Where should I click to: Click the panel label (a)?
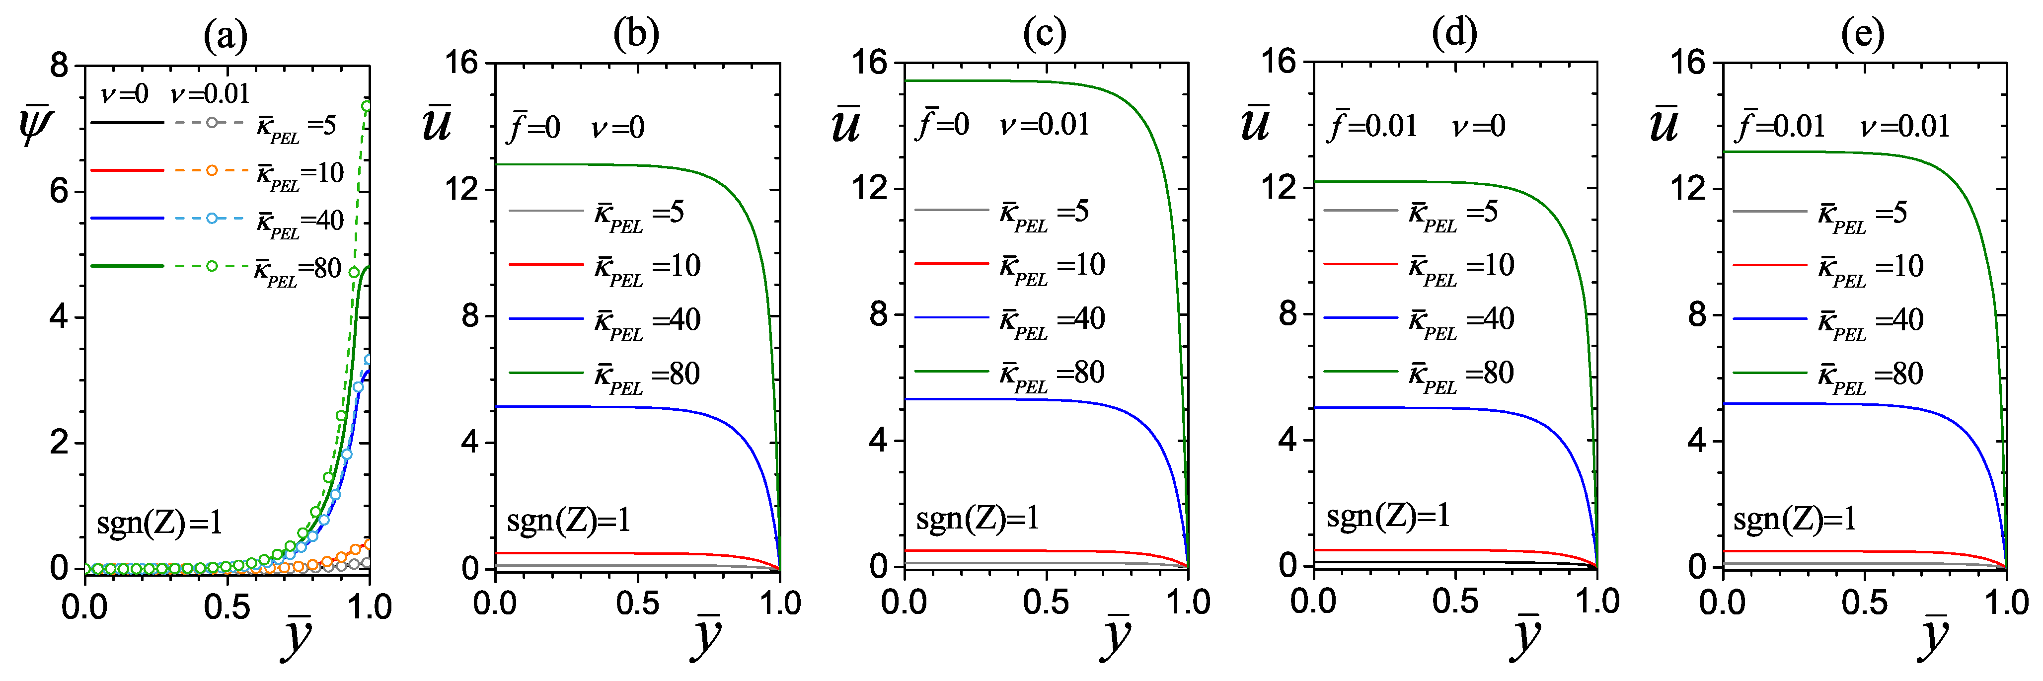click(225, 35)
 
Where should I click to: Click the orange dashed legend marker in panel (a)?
click(212, 170)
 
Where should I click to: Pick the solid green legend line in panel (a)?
click(127, 266)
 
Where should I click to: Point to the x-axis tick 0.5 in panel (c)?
click(1045, 603)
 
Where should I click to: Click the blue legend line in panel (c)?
click(952, 318)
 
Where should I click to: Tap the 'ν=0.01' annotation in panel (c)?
click(1045, 125)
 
